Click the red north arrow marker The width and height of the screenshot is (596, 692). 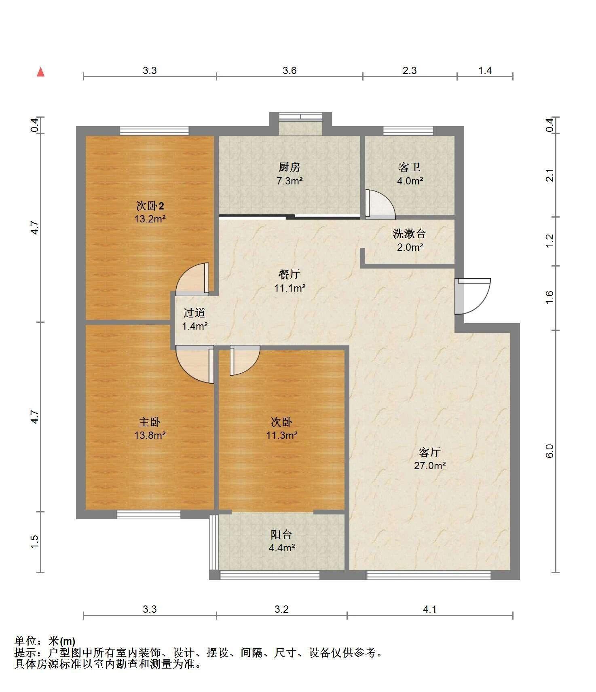tap(40, 72)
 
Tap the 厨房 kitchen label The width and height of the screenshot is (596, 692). tap(290, 167)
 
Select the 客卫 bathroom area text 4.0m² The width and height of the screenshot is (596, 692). tap(410, 181)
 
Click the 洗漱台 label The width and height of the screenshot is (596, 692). tap(409, 234)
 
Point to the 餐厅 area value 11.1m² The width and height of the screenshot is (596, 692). tap(290, 288)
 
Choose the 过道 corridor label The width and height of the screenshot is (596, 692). tap(194, 313)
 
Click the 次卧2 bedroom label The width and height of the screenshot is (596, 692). tap(150, 206)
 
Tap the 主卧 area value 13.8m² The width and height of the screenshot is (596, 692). tap(150, 436)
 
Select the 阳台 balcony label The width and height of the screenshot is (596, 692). tap(281, 534)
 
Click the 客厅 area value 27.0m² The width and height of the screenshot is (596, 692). tap(430, 466)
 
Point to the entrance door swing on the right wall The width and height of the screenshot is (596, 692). tap(472, 296)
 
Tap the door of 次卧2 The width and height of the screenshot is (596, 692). tap(192, 278)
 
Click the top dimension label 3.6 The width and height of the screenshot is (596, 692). tap(290, 71)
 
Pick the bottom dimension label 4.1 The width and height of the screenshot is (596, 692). tap(430, 609)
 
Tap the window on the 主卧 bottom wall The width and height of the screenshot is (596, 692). tap(148, 514)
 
